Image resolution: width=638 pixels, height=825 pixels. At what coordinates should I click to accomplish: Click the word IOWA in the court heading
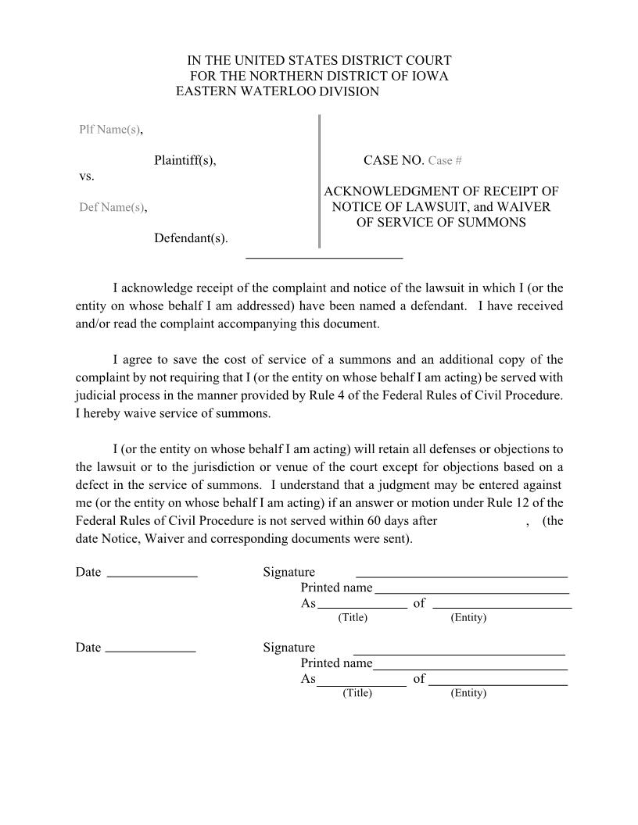[430, 76]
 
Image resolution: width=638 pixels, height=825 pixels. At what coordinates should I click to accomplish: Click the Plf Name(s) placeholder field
[109, 130]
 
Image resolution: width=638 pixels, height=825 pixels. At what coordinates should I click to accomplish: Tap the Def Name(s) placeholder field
[112, 208]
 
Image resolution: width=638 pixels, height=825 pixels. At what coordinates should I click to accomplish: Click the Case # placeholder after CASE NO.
[445, 161]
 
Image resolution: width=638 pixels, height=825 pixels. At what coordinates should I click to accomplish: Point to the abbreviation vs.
[87, 177]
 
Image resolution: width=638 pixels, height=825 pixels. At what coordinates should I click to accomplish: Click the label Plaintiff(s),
[185, 161]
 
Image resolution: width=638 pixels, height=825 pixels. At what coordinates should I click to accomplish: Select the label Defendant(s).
[191, 237]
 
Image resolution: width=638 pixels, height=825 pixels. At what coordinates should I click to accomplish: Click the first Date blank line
[152, 576]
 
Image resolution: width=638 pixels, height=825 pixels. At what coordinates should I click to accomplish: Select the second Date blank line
[150, 651]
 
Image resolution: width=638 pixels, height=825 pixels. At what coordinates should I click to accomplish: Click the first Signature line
[461, 576]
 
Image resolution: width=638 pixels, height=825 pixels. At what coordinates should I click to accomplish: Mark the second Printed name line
[470, 669]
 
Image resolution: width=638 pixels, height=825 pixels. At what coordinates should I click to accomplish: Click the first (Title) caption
[353, 618]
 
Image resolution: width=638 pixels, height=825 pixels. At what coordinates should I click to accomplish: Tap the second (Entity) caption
[468, 694]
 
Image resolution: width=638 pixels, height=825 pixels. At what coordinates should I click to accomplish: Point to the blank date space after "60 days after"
[481, 521]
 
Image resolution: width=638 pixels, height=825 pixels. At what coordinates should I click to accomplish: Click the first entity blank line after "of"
[502, 607]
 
